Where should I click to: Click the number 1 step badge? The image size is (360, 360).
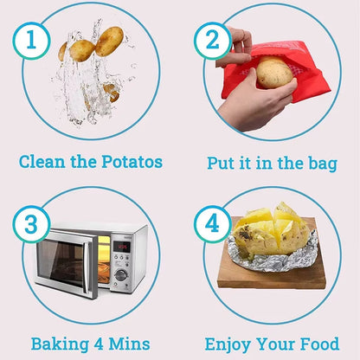[x=31, y=40]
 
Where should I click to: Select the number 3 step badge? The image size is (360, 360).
[x=31, y=226]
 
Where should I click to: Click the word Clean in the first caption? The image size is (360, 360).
[x=44, y=161]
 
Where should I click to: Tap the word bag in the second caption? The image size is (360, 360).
[x=319, y=162]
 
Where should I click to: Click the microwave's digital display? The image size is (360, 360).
[x=122, y=246]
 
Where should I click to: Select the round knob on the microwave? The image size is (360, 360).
[x=121, y=275]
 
